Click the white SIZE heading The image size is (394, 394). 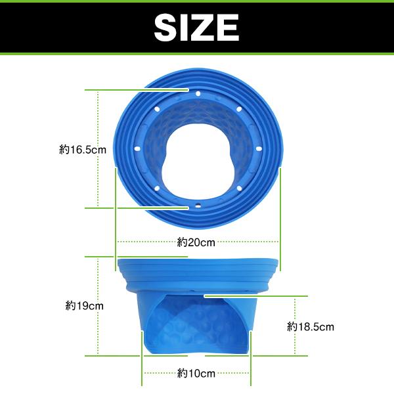pos(196,28)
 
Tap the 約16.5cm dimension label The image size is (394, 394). pos(83,150)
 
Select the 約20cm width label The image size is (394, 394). pos(196,242)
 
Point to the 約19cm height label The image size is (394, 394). pos(85,306)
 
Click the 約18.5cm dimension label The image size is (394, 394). pos(311,327)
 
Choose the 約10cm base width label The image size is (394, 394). pos(196,373)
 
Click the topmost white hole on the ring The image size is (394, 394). pos(198,94)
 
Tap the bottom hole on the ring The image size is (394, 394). pos(198,206)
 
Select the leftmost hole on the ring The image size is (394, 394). pos(137,149)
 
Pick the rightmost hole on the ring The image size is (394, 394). pos(259,149)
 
